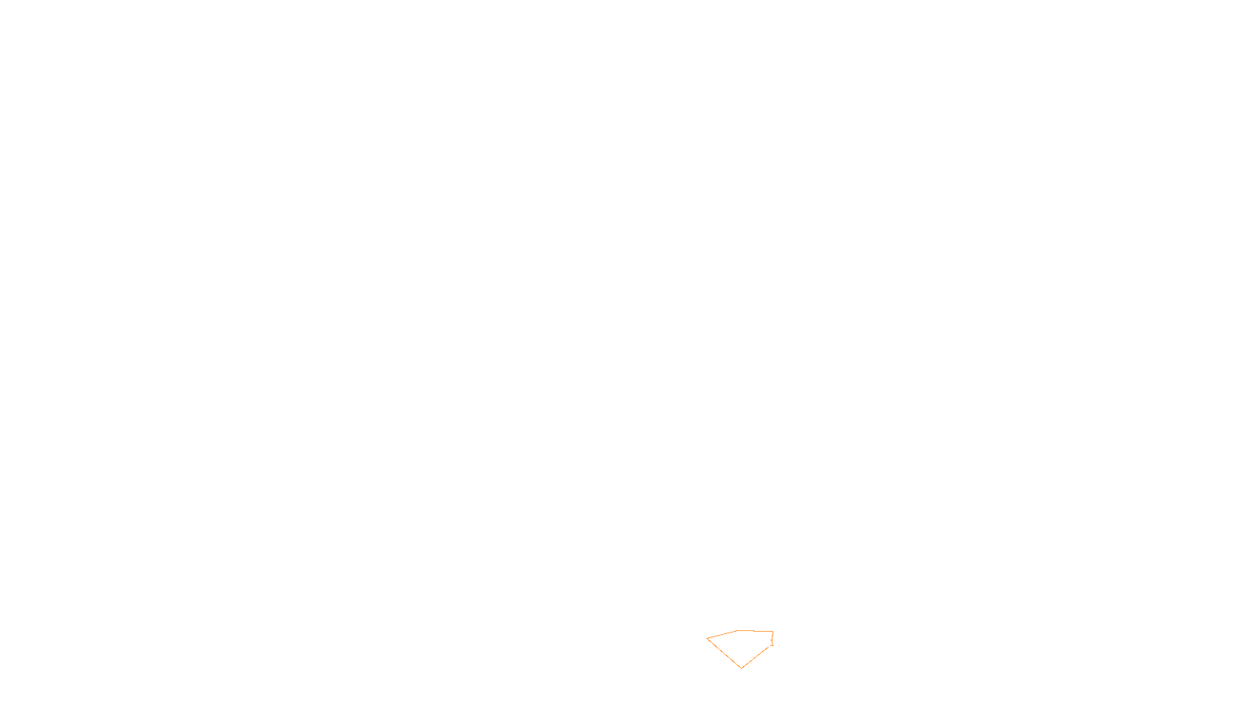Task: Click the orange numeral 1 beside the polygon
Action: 772,642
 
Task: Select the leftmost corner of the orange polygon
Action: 707,638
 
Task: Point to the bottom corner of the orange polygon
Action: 741,667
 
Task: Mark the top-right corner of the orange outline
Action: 773,632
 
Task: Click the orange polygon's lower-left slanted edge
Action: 724,652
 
